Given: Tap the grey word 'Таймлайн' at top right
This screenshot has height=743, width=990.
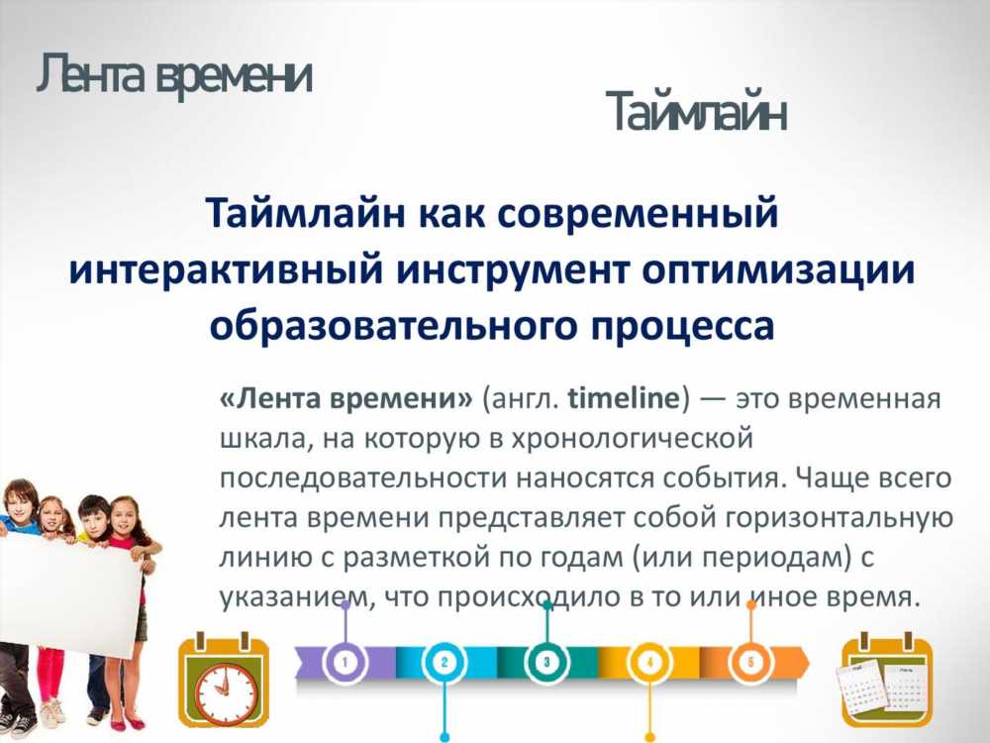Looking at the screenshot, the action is [696, 112].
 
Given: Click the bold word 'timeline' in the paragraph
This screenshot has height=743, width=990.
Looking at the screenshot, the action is [623, 398].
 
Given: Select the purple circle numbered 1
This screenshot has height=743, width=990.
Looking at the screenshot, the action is [345, 662].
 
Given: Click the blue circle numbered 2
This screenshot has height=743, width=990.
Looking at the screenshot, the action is [445, 662].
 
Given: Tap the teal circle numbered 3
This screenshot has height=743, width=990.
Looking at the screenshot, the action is [546, 662].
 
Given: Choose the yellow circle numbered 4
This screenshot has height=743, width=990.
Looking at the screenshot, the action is [649, 662].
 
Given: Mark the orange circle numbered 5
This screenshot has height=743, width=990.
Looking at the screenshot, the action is [750, 662].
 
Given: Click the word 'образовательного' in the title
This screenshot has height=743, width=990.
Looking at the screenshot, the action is [393, 327].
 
